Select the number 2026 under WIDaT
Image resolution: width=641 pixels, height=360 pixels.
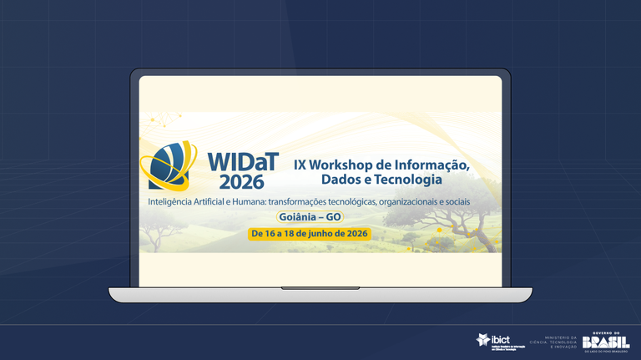tap(242, 181)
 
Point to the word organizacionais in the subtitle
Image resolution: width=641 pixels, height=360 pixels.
tap(408, 202)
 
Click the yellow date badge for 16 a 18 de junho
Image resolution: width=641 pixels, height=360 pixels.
tap(309, 234)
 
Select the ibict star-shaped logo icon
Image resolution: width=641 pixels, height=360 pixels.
tap(483, 340)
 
